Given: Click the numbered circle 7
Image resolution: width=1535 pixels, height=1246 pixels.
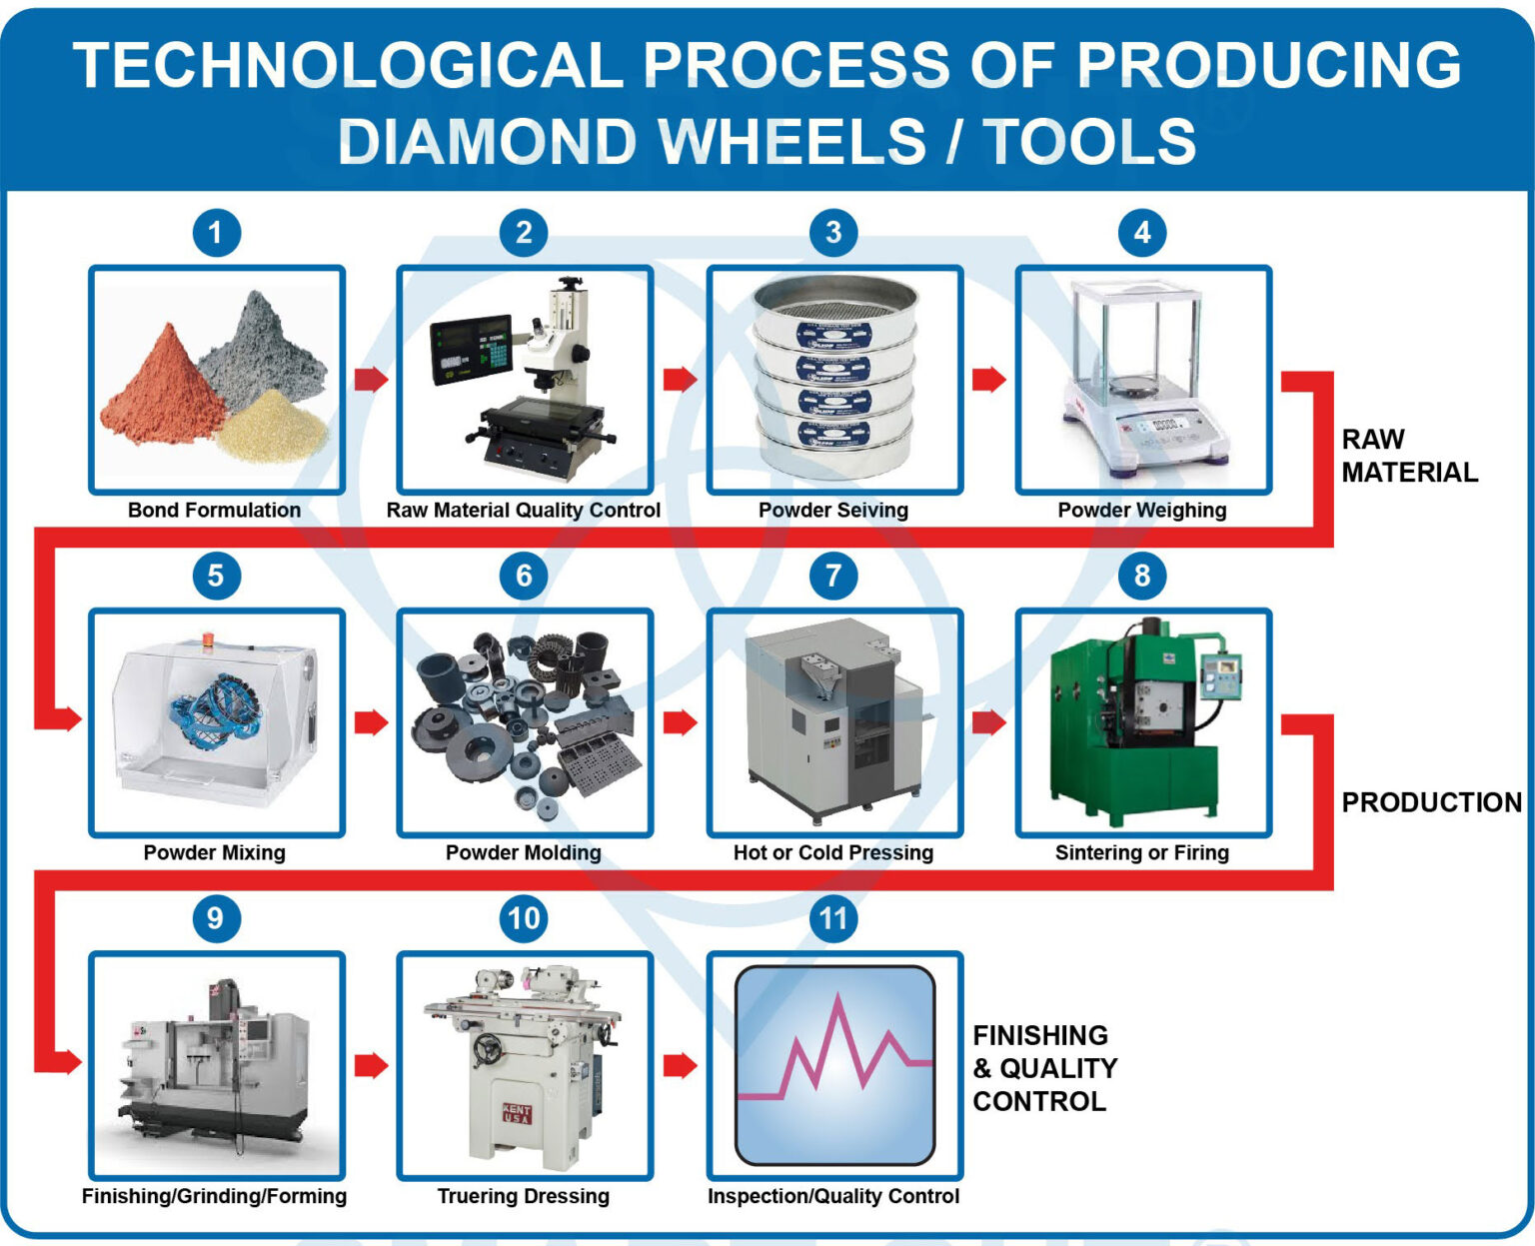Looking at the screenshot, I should click(832, 576).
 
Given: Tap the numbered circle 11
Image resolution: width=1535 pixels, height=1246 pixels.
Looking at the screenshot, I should click(832, 918).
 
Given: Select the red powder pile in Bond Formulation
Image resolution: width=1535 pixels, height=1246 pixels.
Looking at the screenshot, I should click(160, 395).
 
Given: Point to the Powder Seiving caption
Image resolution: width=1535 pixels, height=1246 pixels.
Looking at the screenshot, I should click(832, 510).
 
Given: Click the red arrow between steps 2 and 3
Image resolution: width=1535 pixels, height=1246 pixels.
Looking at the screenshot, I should click(680, 379).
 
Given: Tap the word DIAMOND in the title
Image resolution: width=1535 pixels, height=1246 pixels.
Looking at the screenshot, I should click(487, 141).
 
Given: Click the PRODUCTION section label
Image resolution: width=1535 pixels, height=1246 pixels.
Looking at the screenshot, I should click(1430, 802).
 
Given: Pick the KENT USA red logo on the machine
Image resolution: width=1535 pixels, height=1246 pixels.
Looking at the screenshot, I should click(517, 1112).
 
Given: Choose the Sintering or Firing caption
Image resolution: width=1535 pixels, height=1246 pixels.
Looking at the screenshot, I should click(1141, 852).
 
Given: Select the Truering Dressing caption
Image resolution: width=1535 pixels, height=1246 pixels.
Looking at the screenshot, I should click(523, 1196).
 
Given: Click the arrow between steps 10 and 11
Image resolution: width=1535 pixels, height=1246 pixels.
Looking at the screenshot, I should click(680, 1065).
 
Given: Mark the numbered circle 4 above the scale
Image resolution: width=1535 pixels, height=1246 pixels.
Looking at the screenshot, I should click(1141, 233).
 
